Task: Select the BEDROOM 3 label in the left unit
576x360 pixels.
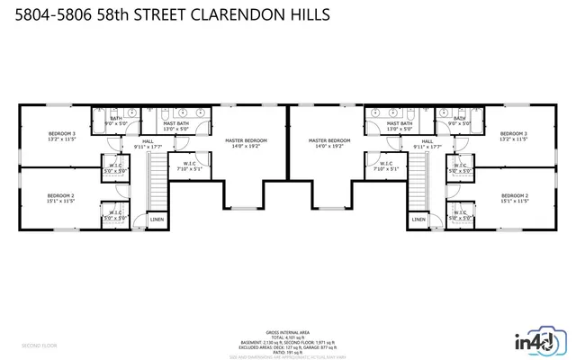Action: point(62,134)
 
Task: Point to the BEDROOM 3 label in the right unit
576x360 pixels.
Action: point(514,134)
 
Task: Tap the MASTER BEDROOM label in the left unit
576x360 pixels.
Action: point(247,140)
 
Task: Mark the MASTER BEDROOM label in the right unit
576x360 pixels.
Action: point(328,140)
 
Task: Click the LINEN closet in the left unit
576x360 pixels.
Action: point(157,219)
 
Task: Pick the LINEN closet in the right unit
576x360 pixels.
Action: point(418,219)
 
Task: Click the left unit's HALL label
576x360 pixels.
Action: point(148,141)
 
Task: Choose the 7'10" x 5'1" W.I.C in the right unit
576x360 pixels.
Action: point(386,166)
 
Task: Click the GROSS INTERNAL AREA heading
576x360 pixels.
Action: point(288,332)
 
